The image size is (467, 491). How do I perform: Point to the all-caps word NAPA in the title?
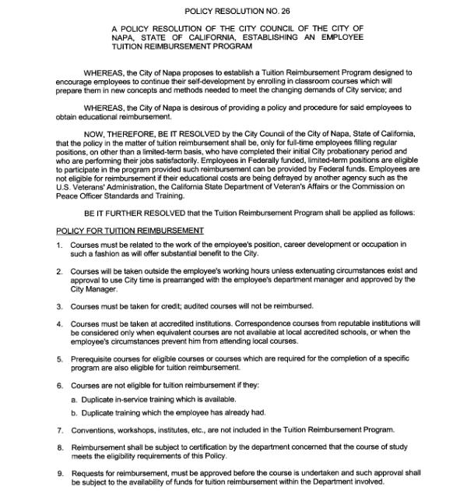[124, 37]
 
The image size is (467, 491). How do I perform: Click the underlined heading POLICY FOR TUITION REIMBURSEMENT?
[131, 231]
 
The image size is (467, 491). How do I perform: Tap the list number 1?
[60, 245]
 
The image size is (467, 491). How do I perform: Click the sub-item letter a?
[73, 400]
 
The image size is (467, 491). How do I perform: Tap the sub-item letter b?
[73, 412]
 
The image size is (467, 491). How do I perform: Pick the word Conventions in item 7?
[96, 429]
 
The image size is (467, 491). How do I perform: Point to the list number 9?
[60, 473]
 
